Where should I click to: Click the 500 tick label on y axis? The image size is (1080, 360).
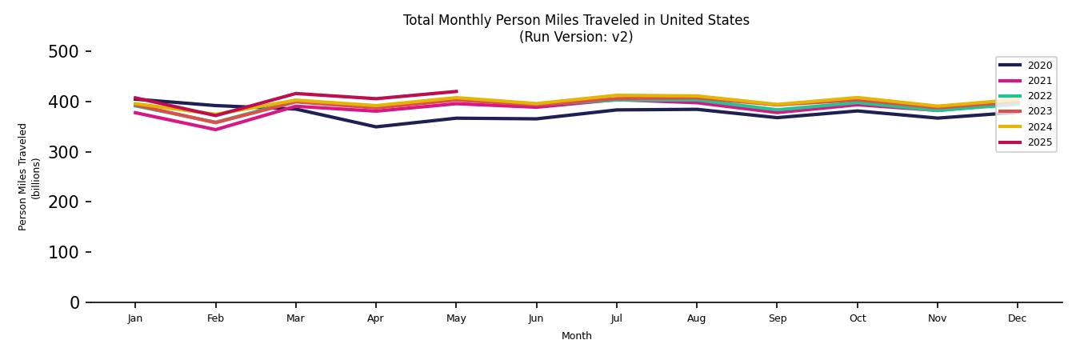64,52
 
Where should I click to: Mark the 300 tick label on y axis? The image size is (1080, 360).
64,152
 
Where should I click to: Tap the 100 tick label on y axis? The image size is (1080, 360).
64,253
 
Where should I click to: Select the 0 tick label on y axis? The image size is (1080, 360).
74,302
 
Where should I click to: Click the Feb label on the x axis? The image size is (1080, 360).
215,318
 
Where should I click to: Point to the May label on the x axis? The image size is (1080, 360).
456,318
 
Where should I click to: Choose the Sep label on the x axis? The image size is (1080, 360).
777,318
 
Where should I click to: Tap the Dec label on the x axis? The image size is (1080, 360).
1017,318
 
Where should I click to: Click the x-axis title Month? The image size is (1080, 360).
576,336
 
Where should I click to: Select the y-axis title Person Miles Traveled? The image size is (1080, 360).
23,177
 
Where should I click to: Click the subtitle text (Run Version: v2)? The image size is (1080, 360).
576,37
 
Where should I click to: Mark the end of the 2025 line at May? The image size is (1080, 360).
456,91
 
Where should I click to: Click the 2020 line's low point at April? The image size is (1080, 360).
376,126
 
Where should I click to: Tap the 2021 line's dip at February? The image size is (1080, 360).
215,130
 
